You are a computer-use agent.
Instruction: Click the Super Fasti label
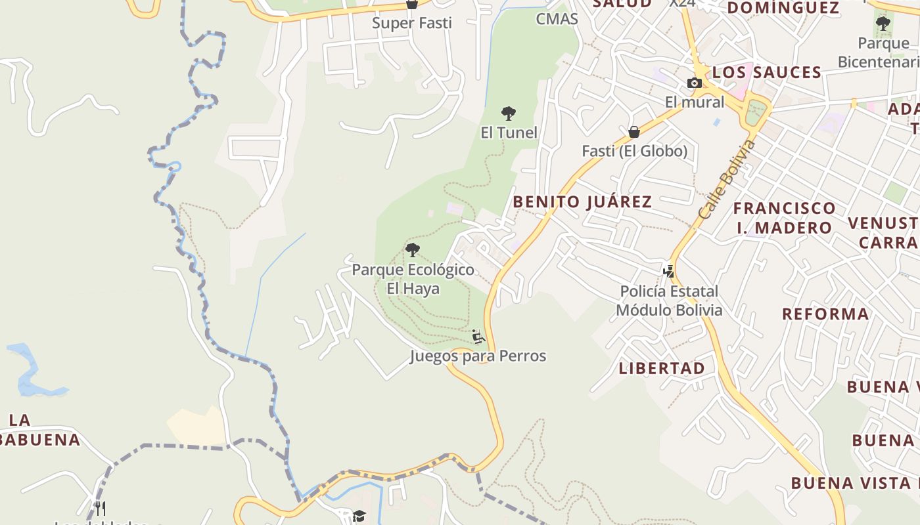pyautogui.click(x=412, y=23)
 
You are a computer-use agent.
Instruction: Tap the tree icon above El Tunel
pyautogui.click(x=508, y=114)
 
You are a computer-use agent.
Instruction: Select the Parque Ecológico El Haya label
pyautogui.click(x=413, y=279)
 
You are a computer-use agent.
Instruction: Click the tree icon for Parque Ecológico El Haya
pyautogui.click(x=413, y=249)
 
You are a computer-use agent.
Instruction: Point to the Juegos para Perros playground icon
pyautogui.click(x=478, y=337)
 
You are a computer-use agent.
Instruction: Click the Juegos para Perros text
pyautogui.click(x=478, y=356)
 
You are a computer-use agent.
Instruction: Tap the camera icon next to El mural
pyautogui.click(x=694, y=83)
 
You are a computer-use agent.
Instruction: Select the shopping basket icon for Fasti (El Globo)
pyautogui.click(x=634, y=132)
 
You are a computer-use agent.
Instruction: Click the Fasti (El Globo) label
pyautogui.click(x=634, y=151)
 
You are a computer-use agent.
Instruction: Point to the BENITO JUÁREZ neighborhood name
pyautogui.click(x=582, y=201)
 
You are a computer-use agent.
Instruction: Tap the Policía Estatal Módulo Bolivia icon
pyautogui.click(x=668, y=271)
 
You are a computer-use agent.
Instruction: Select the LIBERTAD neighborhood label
pyautogui.click(x=662, y=368)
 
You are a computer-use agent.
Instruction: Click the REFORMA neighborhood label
pyautogui.click(x=825, y=314)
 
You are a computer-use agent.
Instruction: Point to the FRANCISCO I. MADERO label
pyautogui.click(x=784, y=218)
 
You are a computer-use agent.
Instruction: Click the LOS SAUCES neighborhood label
pyautogui.click(x=767, y=72)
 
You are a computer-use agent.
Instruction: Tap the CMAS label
pyautogui.click(x=557, y=19)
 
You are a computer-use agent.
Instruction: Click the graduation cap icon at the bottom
pyautogui.click(x=358, y=516)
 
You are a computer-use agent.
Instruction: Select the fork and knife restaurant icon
pyautogui.click(x=100, y=508)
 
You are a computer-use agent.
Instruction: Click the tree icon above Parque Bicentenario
pyautogui.click(x=883, y=24)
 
